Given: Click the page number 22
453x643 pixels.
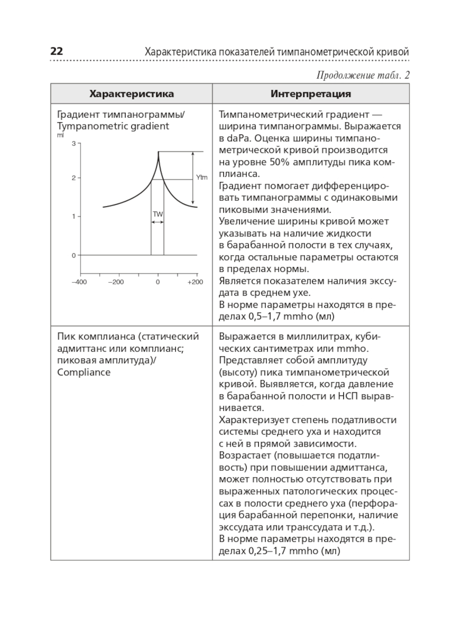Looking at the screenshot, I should [57, 51].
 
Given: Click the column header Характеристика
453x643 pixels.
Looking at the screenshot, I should [131, 94].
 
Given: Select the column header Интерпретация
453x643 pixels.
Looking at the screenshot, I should [311, 94].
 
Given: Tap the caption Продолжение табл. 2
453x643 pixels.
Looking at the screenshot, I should [363, 75].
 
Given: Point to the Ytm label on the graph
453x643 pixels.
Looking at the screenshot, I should [202, 177].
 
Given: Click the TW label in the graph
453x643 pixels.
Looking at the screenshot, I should [158, 214].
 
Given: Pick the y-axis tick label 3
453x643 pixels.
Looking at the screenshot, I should [74, 144].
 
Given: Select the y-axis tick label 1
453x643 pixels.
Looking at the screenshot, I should [74, 216].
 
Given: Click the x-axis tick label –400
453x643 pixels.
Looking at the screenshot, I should [79, 282].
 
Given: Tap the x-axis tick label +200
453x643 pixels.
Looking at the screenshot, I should [195, 282].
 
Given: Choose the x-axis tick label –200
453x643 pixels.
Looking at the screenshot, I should [116, 282].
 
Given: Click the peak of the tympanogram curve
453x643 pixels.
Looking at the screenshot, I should [158, 152].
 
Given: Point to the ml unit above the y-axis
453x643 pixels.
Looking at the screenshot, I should [60, 135].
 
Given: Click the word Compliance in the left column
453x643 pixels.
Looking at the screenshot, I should [84, 372].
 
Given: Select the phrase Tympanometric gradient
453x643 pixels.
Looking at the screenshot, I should [113, 126].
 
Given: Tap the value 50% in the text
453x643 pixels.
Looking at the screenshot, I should [280, 162].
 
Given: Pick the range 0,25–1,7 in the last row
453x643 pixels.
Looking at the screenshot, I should [267, 551].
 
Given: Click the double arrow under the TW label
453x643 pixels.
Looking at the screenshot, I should [157, 222].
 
